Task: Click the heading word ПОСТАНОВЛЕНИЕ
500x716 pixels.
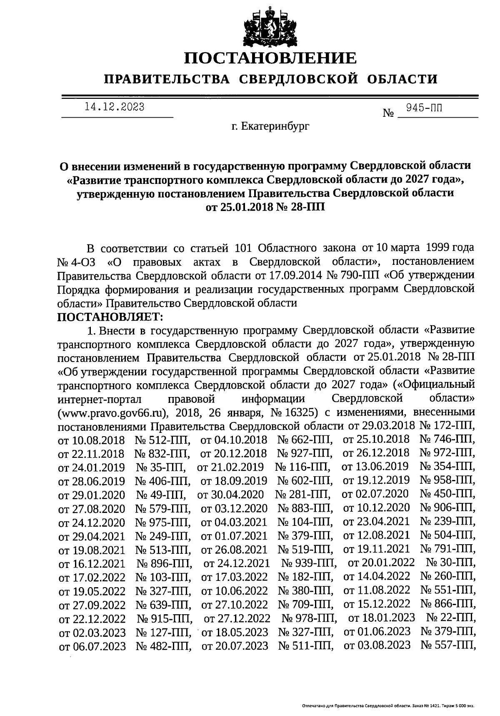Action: [x=270, y=58]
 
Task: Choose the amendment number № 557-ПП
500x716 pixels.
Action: [x=448, y=645]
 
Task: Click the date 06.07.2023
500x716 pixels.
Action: [x=92, y=646]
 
